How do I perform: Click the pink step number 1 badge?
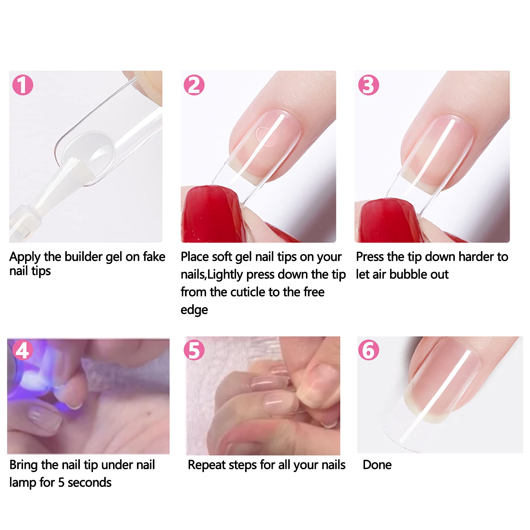click(x=23, y=85)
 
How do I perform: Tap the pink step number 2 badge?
click(x=194, y=85)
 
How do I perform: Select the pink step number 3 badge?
click(x=368, y=85)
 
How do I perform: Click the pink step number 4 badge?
click(x=23, y=351)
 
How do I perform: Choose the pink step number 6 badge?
click(x=368, y=350)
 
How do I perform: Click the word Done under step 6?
click(x=377, y=465)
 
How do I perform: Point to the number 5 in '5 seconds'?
click(x=61, y=483)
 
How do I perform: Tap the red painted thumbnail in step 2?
click(x=208, y=214)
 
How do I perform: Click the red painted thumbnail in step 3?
click(x=383, y=219)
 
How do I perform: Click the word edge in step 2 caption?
click(x=194, y=310)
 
